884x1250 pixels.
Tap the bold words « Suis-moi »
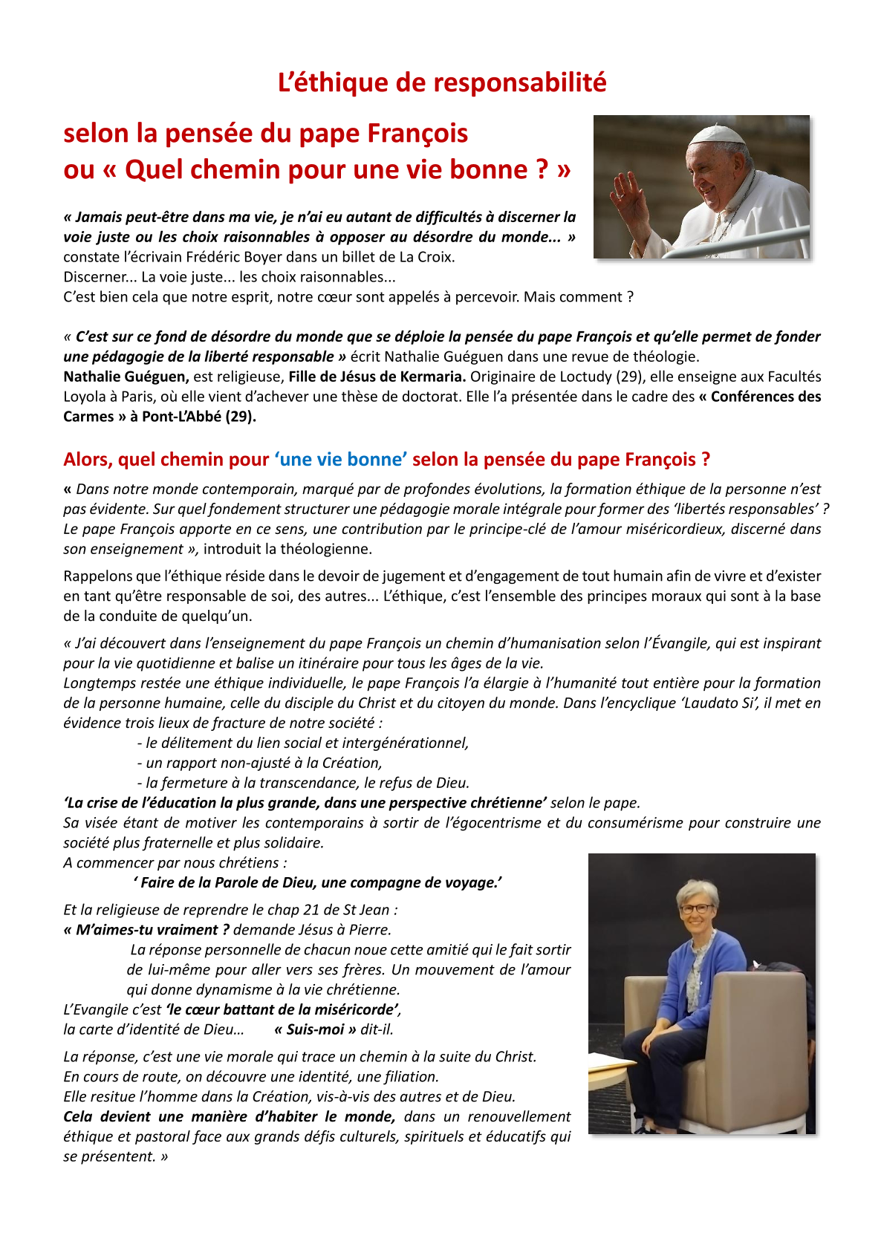pyautogui.click(x=315, y=1029)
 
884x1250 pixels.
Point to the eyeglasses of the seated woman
pyautogui.click(x=699, y=908)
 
